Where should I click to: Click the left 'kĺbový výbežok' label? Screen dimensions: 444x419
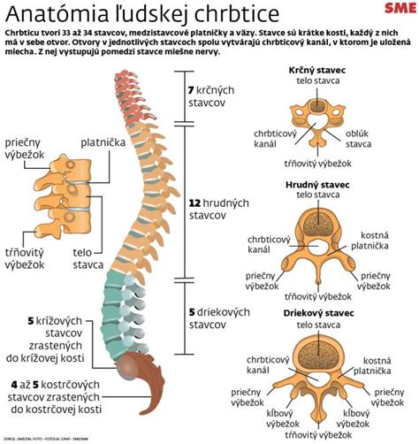(282, 418)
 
